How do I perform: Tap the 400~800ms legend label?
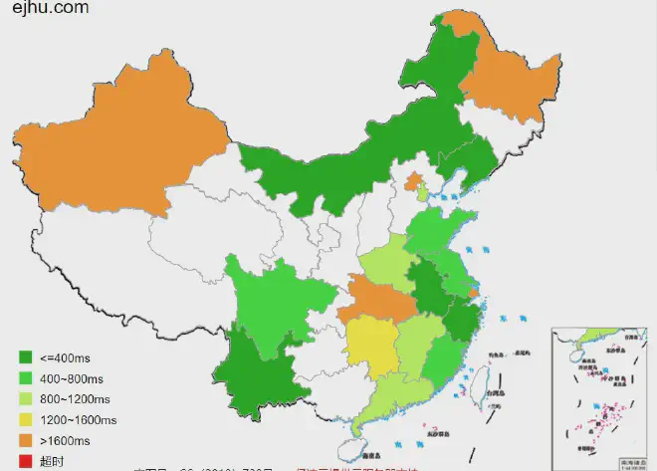tap(69, 377)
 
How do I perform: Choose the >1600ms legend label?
tap(64, 440)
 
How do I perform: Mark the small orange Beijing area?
tap(412, 181)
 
